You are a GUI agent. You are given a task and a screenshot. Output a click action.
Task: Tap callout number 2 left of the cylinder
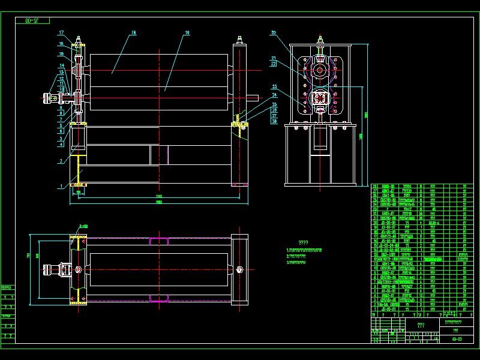coord(61,161)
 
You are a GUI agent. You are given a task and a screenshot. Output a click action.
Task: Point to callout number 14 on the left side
coord(61,65)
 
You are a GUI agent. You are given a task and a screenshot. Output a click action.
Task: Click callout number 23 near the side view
coord(274,86)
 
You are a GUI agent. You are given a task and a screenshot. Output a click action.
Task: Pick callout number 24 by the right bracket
coord(274,95)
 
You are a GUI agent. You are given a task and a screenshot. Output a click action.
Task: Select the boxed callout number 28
coord(274,121)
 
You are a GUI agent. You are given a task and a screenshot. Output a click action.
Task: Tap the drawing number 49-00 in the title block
coord(457,339)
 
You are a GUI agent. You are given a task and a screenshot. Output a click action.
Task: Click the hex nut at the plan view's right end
coord(239,269)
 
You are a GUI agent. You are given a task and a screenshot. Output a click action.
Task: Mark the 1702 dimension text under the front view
coord(159,196)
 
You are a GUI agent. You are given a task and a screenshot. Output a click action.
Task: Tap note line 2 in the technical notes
coord(304,256)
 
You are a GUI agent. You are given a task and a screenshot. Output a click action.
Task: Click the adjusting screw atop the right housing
coord(239,42)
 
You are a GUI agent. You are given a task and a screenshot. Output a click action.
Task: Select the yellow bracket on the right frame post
coord(239,125)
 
